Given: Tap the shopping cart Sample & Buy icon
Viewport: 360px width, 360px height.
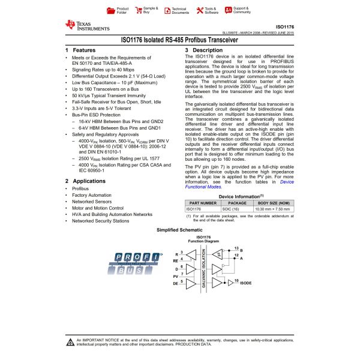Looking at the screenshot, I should click(x=138, y=10).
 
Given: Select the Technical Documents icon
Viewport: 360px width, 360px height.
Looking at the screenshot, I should click(x=167, y=10).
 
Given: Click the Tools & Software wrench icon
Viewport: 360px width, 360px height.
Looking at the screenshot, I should click(x=199, y=10).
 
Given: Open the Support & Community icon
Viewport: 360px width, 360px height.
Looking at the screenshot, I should click(x=228, y=10).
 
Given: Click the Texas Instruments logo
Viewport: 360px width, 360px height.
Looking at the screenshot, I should click(x=88, y=25).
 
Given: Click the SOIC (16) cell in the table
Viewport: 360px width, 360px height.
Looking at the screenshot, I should click(x=238, y=209).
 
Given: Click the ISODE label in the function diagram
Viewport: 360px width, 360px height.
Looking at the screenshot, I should click(x=246, y=281).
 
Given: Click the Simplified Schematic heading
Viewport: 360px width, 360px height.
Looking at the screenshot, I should click(x=179, y=230).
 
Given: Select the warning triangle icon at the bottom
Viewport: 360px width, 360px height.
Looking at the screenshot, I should click(x=71, y=341).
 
